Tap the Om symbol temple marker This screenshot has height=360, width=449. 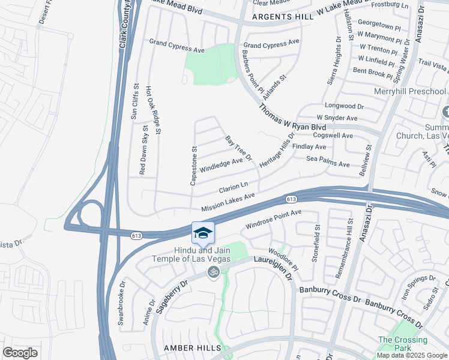[x=212, y=272]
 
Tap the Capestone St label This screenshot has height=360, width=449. [x=193, y=165]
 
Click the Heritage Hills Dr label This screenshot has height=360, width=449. [x=277, y=150]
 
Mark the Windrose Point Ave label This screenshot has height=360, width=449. [x=273, y=221]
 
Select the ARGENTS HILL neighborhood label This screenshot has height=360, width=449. [x=283, y=17]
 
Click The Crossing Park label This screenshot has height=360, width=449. [x=399, y=344]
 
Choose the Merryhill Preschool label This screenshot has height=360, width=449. [x=410, y=92]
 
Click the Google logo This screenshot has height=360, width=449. [x=20, y=353]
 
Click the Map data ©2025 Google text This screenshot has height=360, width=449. [x=412, y=355]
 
